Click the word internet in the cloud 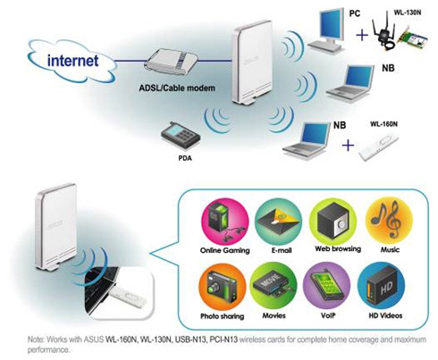(72, 61)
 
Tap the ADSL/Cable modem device (173, 63)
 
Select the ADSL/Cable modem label (177, 88)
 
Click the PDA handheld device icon (181, 136)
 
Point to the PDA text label (185, 158)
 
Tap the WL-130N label (408, 13)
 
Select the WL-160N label (383, 124)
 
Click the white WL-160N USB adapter (378, 147)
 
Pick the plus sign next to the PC (362, 36)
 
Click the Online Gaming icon (224, 222)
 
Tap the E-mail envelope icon (278, 222)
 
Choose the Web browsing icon (333, 222)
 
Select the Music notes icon (389, 222)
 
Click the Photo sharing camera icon (223, 287)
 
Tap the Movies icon (274, 287)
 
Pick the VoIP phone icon (327, 286)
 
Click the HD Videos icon (382, 286)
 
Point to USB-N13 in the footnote (190, 339)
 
